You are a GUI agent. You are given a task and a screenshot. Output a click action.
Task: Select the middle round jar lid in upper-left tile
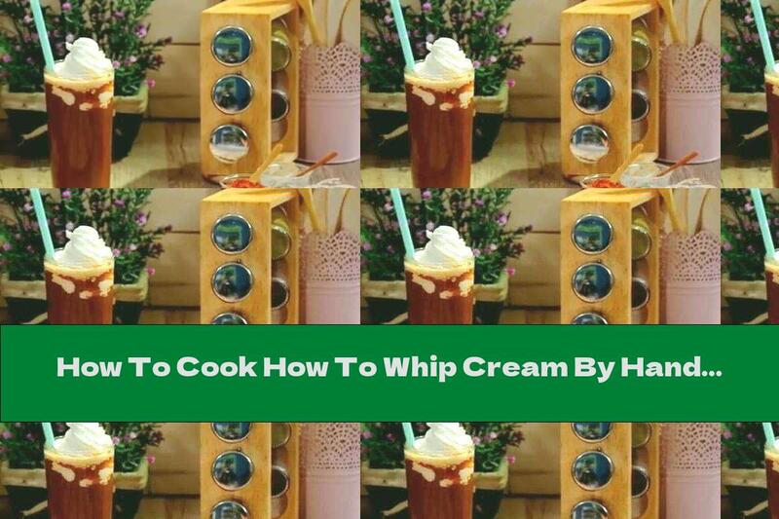pyautogui.click(x=232, y=93)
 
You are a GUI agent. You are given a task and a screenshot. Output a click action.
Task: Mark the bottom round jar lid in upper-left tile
pyautogui.click(x=232, y=142)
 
